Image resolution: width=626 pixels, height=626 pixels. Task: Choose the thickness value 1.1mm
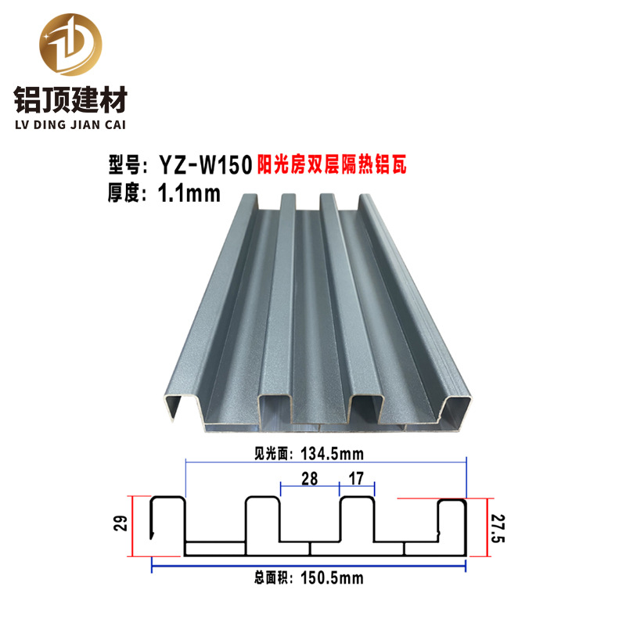point(189,192)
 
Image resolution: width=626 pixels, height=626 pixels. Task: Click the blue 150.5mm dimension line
point(235,567)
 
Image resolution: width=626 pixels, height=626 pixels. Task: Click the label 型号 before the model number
point(122,165)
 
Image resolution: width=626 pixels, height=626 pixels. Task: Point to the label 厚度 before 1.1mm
point(122,192)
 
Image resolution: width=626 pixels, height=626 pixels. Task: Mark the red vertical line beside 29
point(133,527)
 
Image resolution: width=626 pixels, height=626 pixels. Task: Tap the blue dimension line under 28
point(309,494)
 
